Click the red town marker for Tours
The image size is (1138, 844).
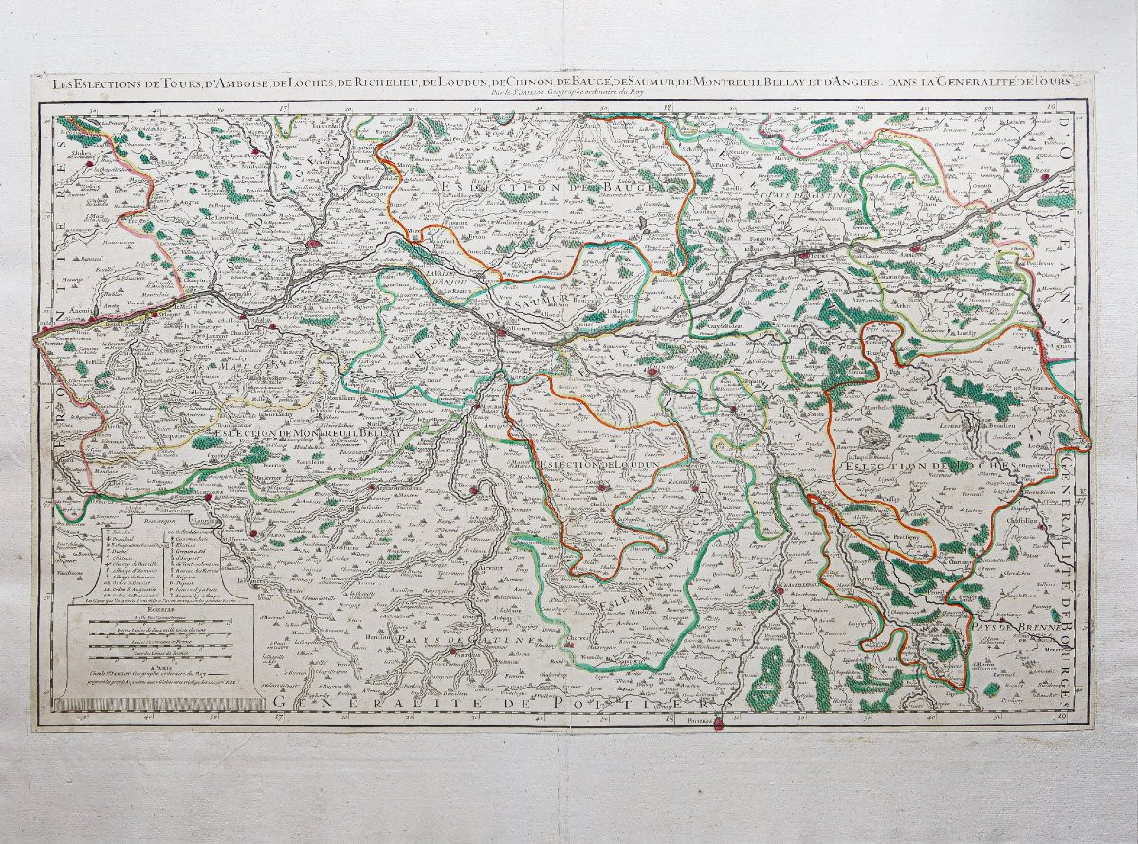tap(807, 254)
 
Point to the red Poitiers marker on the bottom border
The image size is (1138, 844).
tap(718, 725)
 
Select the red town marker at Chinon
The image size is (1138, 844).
tap(652, 373)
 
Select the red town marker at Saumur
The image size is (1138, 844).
tap(501, 330)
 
